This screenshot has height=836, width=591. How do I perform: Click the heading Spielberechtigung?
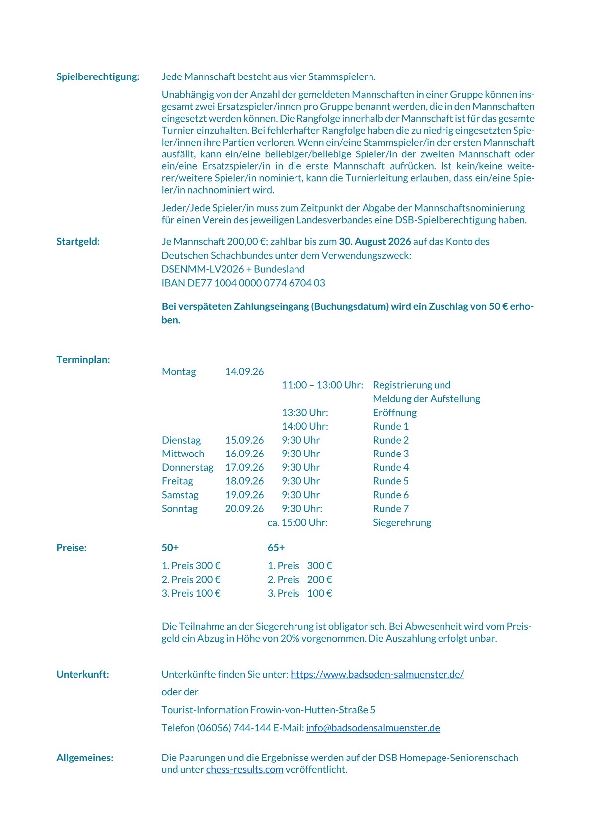pyautogui.click(x=97, y=76)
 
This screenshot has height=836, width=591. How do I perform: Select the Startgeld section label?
pyautogui.click(x=78, y=242)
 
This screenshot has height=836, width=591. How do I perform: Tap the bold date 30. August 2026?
pyautogui.click(x=374, y=242)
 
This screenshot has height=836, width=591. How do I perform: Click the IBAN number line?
pyautogui.click(x=243, y=283)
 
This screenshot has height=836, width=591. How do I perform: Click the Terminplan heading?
pyautogui.click(x=83, y=360)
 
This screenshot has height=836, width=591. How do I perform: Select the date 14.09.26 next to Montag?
pyautogui.click(x=244, y=372)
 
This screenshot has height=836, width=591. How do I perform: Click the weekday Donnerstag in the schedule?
pyautogui.click(x=187, y=467)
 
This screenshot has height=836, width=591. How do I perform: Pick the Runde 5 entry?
pyautogui.click(x=390, y=481)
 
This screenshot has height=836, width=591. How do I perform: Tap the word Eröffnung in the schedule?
pyautogui.click(x=394, y=413)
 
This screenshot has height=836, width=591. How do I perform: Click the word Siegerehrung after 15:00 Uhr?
pyautogui.click(x=402, y=523)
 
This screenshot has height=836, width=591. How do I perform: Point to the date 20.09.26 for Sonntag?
pyautogui.click(x=244, y=509)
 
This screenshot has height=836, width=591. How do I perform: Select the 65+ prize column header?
pyautogui.click(x=276, y=548)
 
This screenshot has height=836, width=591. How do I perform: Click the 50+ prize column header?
pyautogui.click(x=170, y=548)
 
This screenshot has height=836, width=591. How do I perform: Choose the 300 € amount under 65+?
pyautogui.click(x=319, y=566)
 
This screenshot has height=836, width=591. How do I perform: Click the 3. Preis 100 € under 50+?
pyautogui.click(x=191, y=593)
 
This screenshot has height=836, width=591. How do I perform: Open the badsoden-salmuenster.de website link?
pyautogui.click(x=377, y=675)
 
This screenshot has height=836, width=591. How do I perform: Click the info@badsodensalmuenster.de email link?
pyautogui.click(x=372, y=728)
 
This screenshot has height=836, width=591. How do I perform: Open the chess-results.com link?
pyautogui.click(x=244, y=770)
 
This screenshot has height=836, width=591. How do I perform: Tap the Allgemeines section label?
pyautogui.click(x=84, y=758)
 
